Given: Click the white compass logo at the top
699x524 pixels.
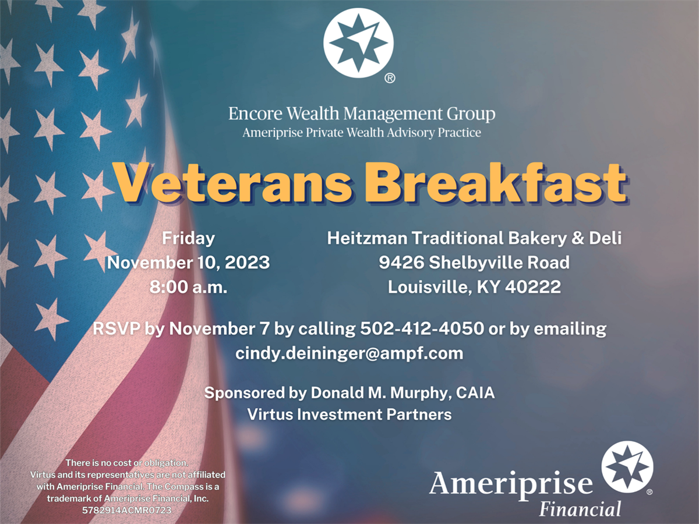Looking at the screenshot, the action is point(358,43).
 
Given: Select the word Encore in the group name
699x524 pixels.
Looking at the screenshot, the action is point(255,114).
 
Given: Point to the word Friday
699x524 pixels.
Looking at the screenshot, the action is point(189,239).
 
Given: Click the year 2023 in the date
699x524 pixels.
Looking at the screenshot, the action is point(247,263).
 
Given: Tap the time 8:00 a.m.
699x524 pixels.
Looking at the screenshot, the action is point(189,287).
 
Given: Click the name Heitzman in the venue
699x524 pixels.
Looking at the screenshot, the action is point(367,238).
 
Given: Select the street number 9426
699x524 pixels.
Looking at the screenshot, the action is point(401,263).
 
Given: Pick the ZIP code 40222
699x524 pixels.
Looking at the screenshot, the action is point(533,287).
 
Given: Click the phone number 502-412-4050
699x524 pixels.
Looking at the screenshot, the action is point(422,328).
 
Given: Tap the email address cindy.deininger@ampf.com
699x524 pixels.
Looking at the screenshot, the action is point(349,353).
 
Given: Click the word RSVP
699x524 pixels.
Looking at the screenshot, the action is point(116,328).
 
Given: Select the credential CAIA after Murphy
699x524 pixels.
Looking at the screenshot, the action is point(475,392).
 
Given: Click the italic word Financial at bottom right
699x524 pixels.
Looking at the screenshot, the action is point(580,508).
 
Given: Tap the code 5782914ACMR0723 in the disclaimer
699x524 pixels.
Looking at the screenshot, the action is point(127,511).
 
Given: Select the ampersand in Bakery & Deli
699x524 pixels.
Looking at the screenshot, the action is point(578,238).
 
